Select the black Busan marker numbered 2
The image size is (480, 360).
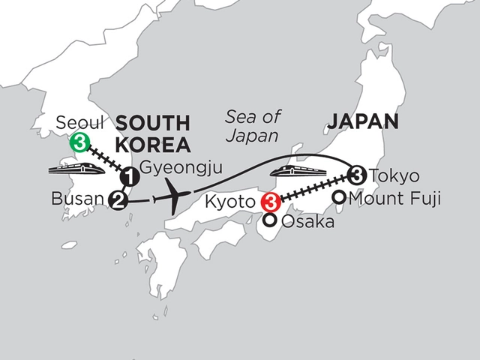(116, 199)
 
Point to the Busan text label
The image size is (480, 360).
(77, 200)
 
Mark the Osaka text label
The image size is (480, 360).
(304, 222)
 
